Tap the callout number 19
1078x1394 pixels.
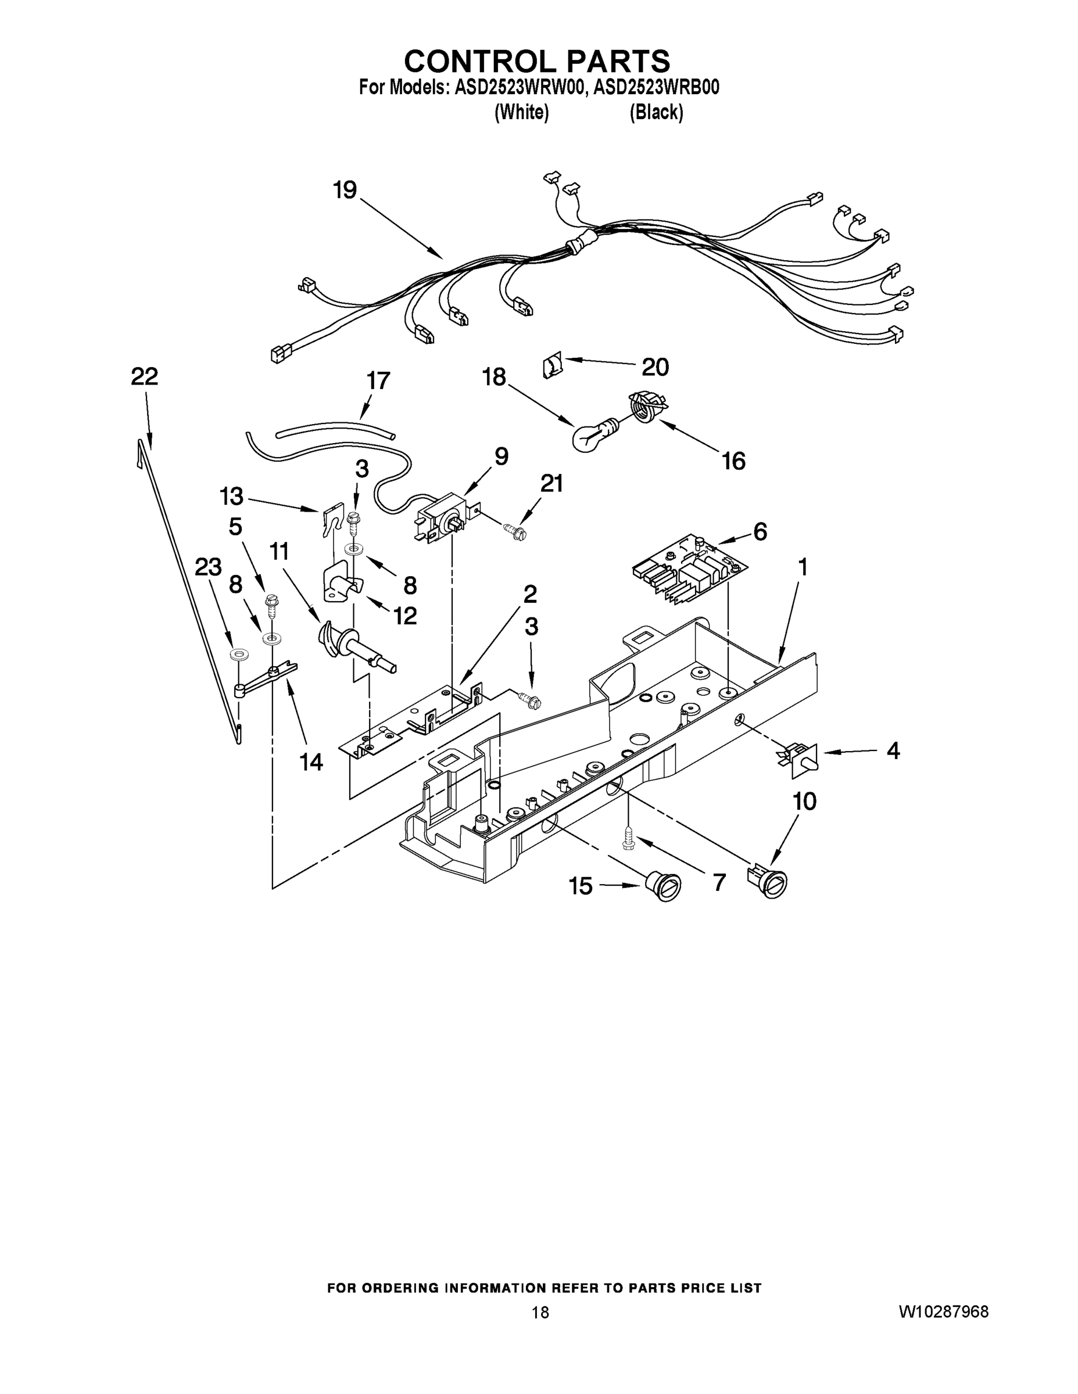pyautogui.click(x=345, y=189)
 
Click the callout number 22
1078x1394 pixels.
pyautogui.click(x=144, y=376)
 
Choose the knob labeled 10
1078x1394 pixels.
pyautogui.click(x=769, y=882)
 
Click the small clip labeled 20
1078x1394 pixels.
pyautogui.click(x=553, y=367)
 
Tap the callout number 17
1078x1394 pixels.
pyautogui.click(x=378, y=380)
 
